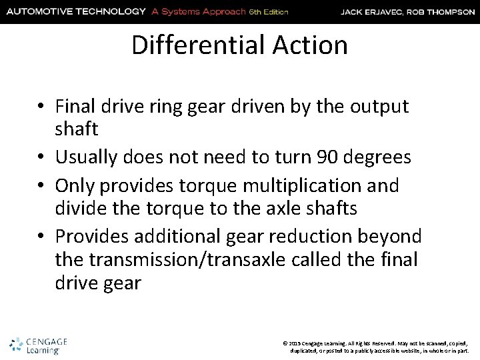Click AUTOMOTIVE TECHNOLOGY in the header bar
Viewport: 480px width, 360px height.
tap(75, 11)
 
